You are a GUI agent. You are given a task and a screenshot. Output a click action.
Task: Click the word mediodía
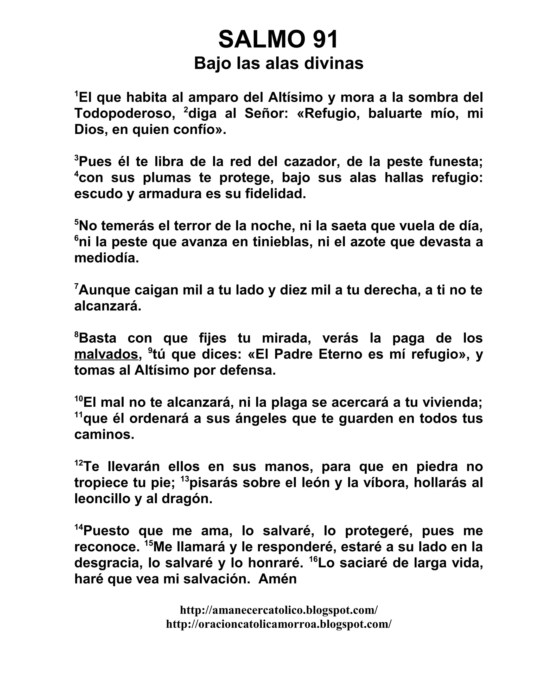tap(106, 258)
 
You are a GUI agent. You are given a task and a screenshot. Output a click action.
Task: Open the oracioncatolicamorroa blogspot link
tap(278, 624)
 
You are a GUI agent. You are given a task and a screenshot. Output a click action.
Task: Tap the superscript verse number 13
tap(185, 479)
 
